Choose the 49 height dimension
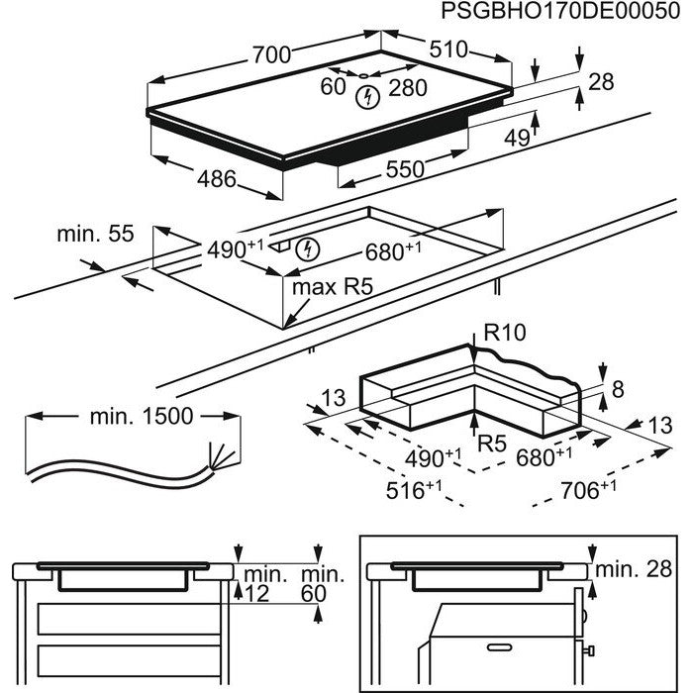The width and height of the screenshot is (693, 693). (x=515, y=138)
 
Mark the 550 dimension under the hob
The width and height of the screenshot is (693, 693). (x=404, y=169)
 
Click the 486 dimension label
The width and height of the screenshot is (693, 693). (x=217, y=180)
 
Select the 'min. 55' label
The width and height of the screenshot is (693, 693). (x=94, y=235)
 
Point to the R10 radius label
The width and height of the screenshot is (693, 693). (x=502, y=334)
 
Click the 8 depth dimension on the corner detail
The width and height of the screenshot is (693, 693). (x=618, y=390)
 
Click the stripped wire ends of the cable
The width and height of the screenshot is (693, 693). (x=216, y=458)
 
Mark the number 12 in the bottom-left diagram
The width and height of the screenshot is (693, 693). (x=256, y=593)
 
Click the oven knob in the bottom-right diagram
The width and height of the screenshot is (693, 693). (x=590, y=650)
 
